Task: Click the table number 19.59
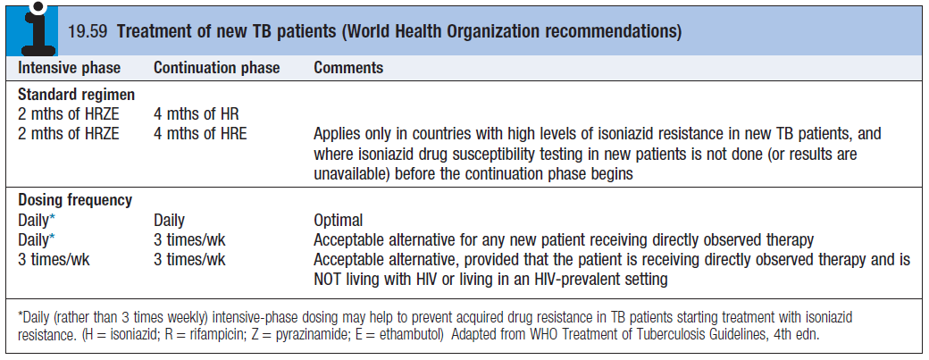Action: click(88, 31)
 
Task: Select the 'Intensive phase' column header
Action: click(70, 68)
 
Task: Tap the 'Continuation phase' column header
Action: click(217, 68)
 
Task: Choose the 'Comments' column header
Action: click(348, 68)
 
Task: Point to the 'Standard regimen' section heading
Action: click(77, 95)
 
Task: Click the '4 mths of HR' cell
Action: click(197, 114)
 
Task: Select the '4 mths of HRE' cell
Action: click(200, 134)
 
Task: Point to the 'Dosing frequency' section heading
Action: click(75, 200)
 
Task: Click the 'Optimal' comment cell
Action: click(339, 221)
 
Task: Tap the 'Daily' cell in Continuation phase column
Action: click(170, 221)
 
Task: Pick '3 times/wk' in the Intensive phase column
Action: click(54, 260)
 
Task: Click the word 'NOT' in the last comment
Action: click(329, 279)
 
